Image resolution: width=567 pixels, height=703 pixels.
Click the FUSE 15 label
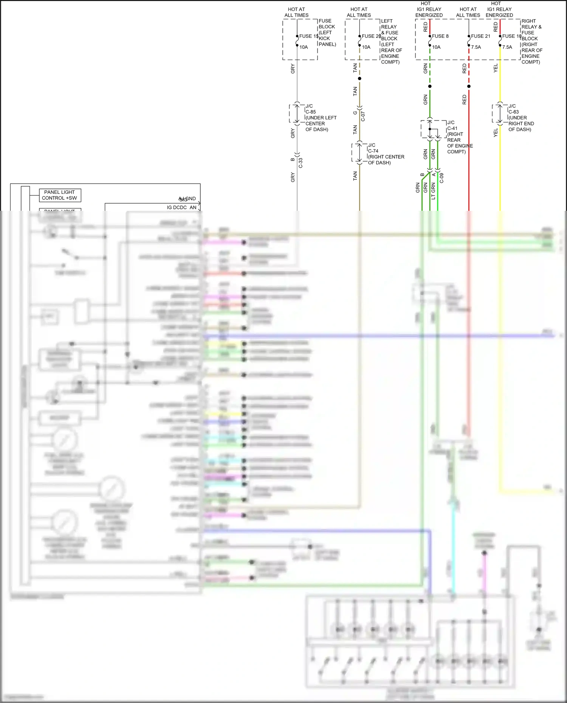coord(308,36)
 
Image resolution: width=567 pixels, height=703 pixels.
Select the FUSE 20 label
coord(371,36)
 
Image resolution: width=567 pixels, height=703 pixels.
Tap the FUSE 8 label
coord(440,36)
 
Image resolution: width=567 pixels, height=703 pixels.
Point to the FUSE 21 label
coord(480,36)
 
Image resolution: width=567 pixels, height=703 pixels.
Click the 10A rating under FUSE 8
coord(436,47)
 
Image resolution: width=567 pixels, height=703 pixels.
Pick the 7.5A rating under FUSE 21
coord(476,47)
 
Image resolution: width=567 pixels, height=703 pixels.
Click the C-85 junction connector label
coord(311,112)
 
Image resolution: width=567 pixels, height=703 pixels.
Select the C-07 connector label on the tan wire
coord(363,116)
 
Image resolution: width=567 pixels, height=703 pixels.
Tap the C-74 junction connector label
coord(373,151)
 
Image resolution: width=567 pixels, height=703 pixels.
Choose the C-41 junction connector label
coord(452,128)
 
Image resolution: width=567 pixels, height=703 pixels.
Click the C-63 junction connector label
coord(513,112)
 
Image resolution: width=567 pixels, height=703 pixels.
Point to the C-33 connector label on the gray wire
coord(301,163)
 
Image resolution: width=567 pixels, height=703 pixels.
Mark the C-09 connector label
coord(442,178)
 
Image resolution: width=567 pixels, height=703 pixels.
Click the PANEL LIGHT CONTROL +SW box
coord(60,195)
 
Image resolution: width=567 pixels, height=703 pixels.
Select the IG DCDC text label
coord(177,207)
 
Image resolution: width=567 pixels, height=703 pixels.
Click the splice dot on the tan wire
coord(359,79)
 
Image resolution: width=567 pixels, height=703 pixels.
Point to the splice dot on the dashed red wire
coord(469,87)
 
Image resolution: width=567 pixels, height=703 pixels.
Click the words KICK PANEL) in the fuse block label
coord(327,41)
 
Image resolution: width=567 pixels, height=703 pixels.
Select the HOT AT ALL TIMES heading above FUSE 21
coord(468,12)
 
